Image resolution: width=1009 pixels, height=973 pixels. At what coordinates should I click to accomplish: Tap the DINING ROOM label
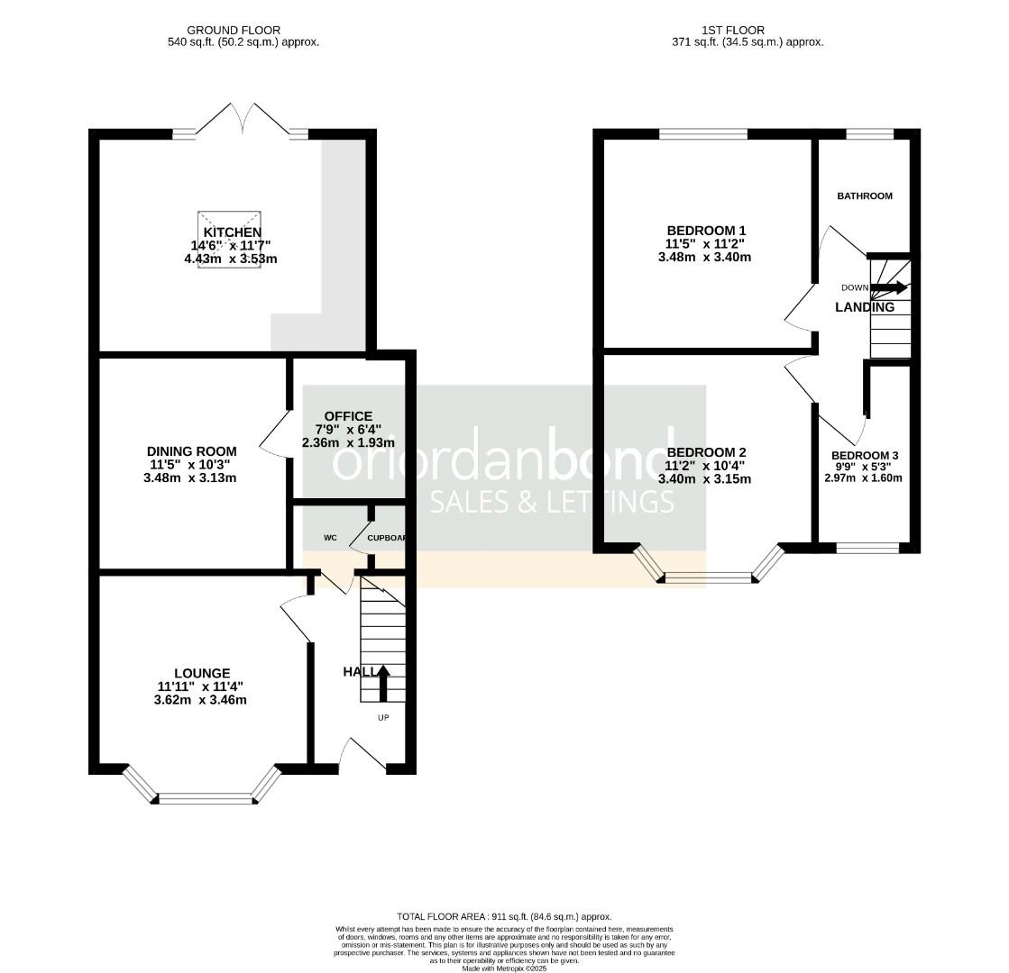pos(191,451)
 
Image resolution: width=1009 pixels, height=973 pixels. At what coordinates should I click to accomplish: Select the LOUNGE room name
pos(202,673)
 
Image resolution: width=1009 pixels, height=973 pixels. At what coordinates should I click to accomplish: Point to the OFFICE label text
pos(348,416)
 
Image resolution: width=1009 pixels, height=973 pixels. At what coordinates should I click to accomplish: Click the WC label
pos(330,538)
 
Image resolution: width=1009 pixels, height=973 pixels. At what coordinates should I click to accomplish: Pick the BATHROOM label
pos(864,196)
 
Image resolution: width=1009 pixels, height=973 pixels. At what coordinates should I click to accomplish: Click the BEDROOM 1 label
pos(705,231)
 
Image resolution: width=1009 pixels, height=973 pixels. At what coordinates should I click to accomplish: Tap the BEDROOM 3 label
pos(864,456)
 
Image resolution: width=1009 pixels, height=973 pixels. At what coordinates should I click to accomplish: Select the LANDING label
pos(864,307)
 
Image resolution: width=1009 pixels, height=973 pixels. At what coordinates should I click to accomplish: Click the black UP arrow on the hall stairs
pos(382,683)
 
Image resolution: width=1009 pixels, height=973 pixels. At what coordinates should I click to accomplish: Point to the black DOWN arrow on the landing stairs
pos(890,287)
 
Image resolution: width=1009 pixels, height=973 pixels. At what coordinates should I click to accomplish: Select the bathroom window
pos(869,135)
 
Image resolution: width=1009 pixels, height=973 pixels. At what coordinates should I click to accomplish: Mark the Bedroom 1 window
pos(702,135)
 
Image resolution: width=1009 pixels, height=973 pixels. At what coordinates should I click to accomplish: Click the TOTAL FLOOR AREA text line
pos(504,915)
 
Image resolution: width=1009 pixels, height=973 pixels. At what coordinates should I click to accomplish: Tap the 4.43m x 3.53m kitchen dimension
pos(230,259)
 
